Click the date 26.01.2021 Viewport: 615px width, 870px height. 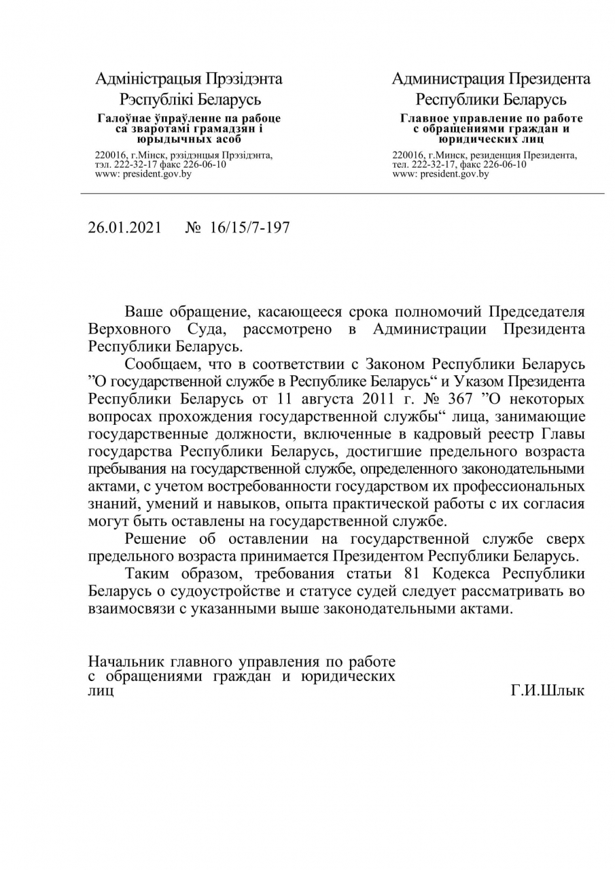[125, 227]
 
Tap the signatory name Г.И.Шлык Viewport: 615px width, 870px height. [547, 691]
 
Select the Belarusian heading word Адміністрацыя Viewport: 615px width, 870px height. [139, 79]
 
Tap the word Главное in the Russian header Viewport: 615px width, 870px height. [423, 118]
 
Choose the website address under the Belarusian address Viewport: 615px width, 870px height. [143, 174]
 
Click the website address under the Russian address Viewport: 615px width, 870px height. [440, 174]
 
